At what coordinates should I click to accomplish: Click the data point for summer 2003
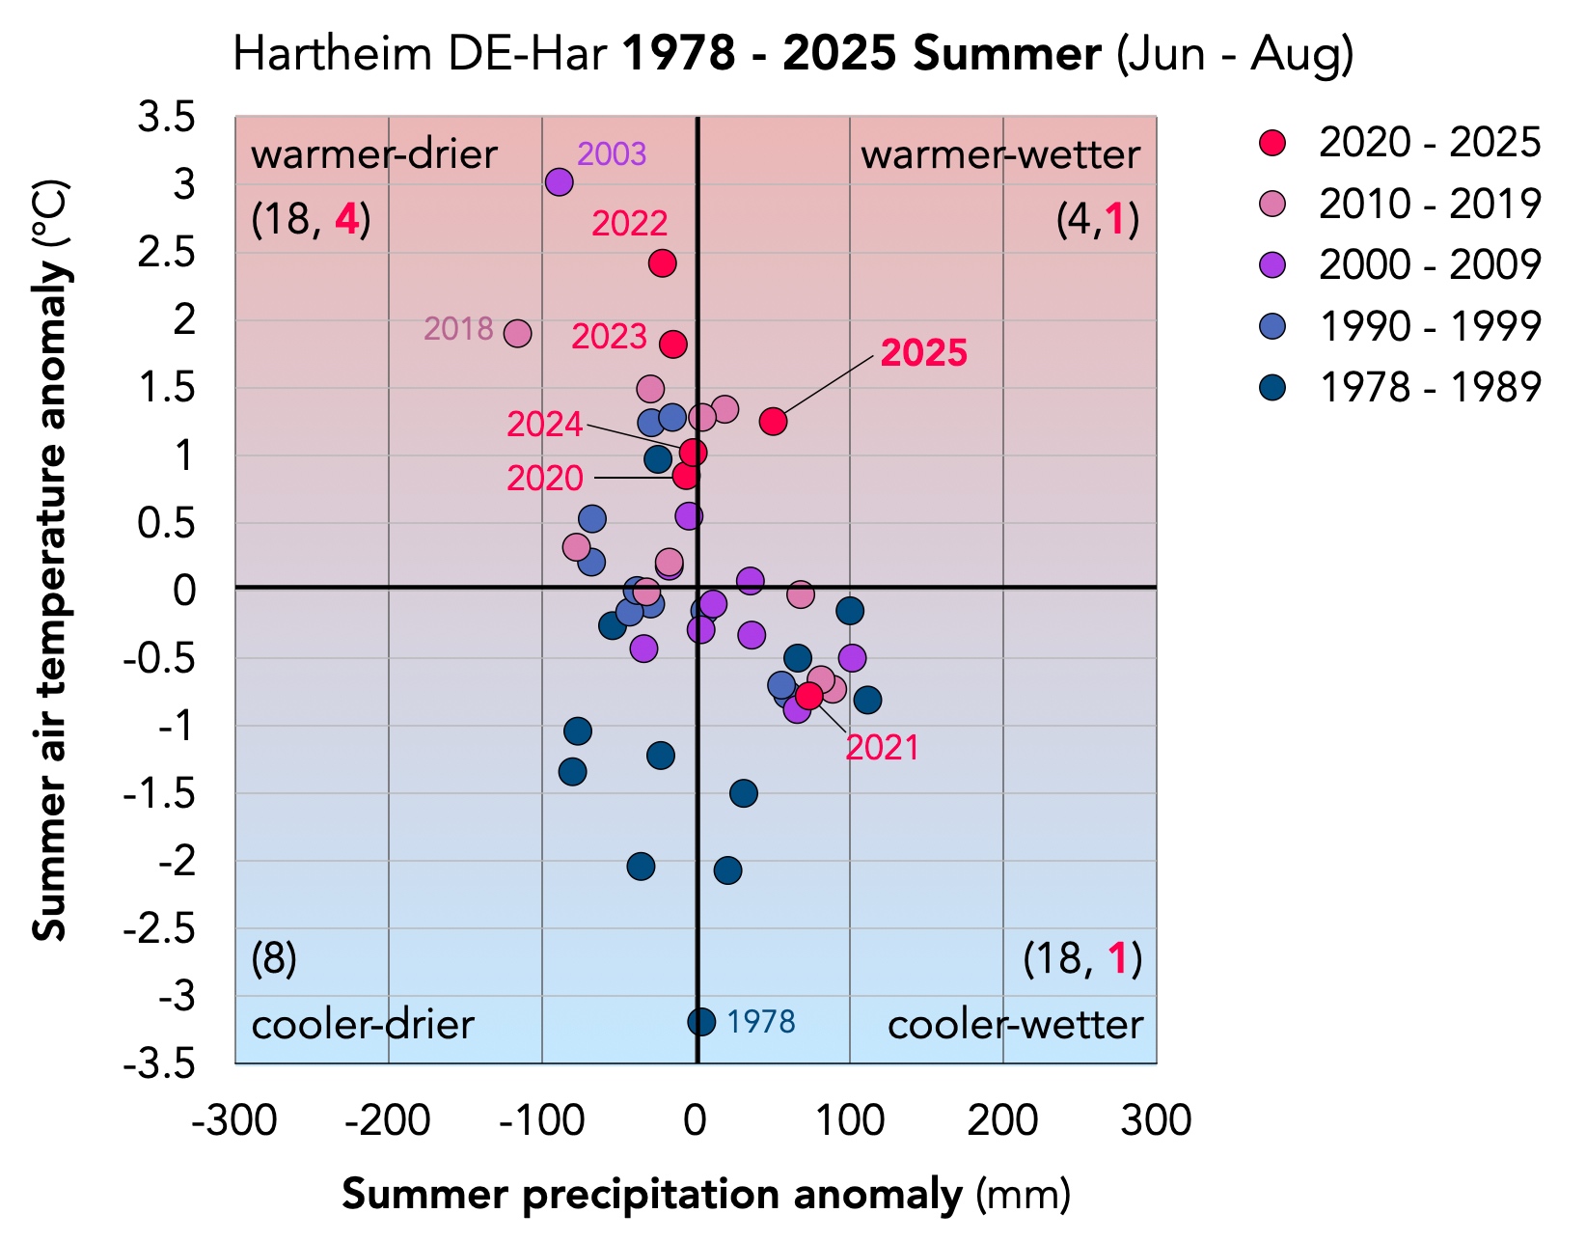[x=559, y=181]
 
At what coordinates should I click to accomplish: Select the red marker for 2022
[x=662, y=262]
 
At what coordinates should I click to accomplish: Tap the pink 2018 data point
[x=517, y=333]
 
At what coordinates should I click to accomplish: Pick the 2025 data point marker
[x=773, y=421]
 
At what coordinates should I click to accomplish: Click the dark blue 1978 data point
[x=701, y=1021]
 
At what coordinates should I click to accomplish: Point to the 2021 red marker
[x=808, y=695]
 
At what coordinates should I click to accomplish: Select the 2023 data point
[x=672, y=344]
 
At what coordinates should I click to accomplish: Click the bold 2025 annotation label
[x=923, y=353]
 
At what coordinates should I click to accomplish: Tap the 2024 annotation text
[x=544, y=425]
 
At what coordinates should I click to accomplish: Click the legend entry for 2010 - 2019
[x=1429, y=204]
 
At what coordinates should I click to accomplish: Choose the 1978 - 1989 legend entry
[x=1429, y=387]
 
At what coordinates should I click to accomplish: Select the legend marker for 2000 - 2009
[x=1273, y=264]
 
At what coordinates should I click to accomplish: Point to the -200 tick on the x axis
[x=389, y=1121]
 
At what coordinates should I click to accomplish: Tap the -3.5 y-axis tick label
[x=160, y=1064]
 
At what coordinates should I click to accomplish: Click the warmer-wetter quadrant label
[x=999, y=154]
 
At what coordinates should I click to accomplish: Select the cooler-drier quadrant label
[x=363, y=1025]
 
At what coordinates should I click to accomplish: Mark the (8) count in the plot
[x=274, y=959]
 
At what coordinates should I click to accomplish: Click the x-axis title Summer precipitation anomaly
[x=652, y=1195]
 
